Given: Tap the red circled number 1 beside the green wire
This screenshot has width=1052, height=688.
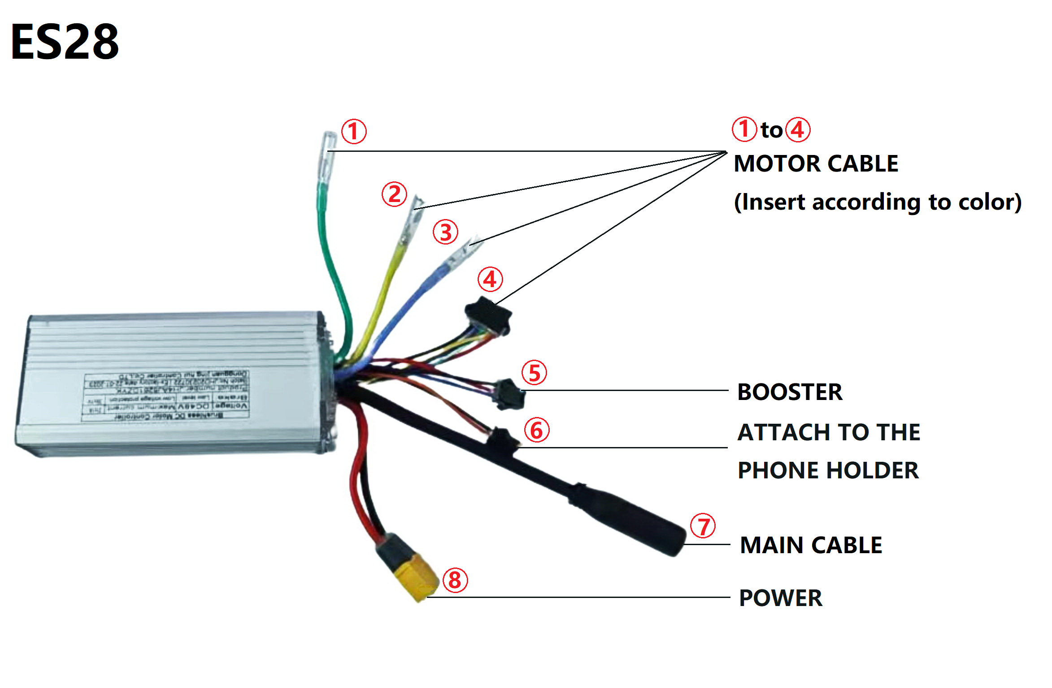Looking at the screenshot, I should (x=354, y=132).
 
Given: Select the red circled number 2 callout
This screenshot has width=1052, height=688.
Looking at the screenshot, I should (x=394, y=194).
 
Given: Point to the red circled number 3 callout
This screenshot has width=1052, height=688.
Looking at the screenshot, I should (x=445, y=232).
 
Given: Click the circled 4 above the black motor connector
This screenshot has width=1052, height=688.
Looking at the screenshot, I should (x=490, y=279).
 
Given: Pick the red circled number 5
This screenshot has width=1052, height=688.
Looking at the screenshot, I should (x=534, y=373).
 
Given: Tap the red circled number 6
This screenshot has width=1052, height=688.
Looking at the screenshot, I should (x=537, y=430).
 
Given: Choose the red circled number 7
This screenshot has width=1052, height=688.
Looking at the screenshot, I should (x=703, y=526).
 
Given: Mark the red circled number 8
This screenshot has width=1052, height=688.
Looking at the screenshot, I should (x=455, y=580).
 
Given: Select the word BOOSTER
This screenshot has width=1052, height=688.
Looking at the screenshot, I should (x=790, y=392).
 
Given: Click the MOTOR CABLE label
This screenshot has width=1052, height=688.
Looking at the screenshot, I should (x=816, y=163).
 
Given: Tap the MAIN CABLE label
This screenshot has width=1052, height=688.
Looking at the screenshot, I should (x=811, y=545).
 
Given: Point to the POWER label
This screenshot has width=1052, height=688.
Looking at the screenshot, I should (x=781, y=598).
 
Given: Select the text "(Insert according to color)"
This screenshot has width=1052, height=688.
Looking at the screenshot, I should (x=878, y=202).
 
